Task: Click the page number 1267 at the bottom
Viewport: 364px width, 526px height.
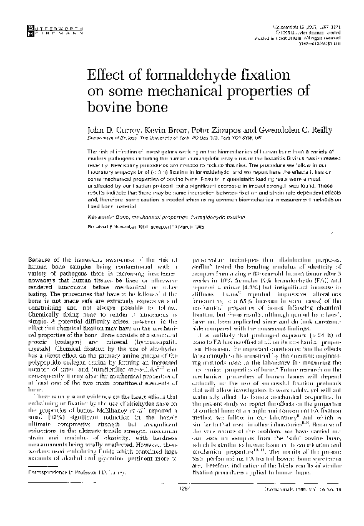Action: (x=183, y=506)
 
